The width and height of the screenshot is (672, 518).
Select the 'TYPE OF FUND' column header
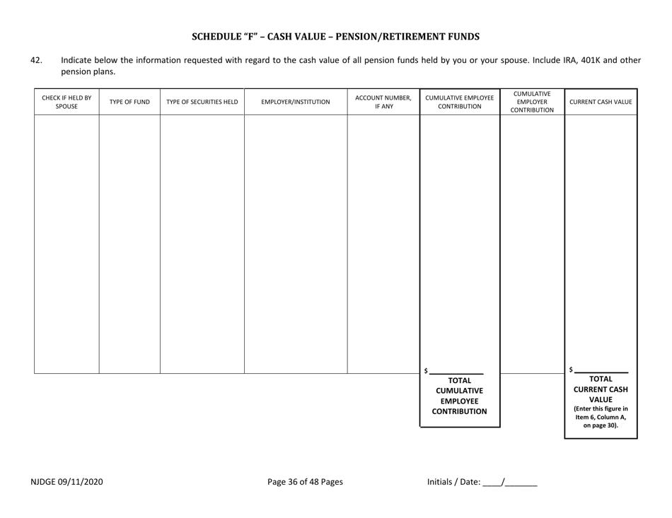click(x=129, y=102)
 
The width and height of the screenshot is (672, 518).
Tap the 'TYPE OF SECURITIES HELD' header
click(x=202, y=102)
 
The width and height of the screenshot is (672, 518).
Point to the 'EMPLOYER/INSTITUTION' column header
click(x=296, y=102)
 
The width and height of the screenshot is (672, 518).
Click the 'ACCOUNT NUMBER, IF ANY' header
click(x=383, y=102)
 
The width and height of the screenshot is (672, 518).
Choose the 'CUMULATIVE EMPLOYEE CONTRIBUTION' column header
click(x=460, y=102)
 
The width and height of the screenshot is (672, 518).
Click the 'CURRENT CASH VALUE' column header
click(x=601, y=102)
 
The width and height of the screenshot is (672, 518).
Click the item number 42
click(x=36, y=60)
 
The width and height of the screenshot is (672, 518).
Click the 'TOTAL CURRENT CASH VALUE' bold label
click(x=601, y=388)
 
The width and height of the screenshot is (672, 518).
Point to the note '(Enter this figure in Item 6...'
click(x=601, y=417)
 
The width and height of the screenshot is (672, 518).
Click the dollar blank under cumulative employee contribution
click(x=456, y=371)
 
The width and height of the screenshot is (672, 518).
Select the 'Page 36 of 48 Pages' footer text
click(x=305, y=482)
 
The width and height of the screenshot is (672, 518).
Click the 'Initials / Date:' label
click(x=453, y=482)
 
